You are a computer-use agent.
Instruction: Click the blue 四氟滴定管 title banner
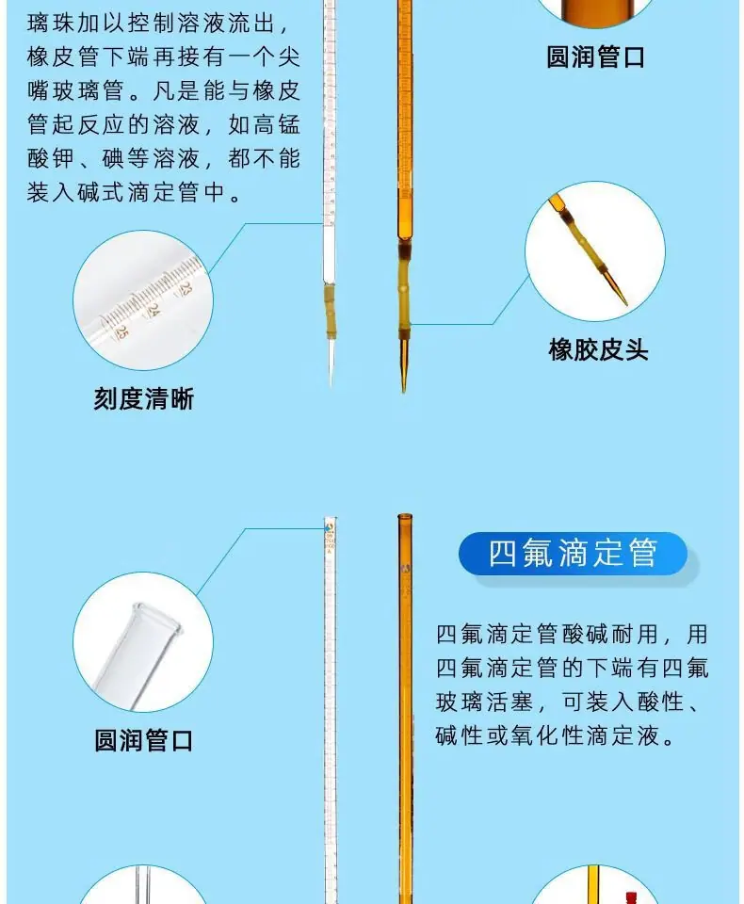pyautogui.click(x=573, y=554)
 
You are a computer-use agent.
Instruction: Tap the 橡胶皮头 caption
pyautogui.click(x=598, y=350)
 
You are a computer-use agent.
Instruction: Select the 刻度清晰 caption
pyautogui.click(x=143, y=399)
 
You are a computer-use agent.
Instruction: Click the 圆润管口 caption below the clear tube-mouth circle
pyautogui.click(x=143, y=740)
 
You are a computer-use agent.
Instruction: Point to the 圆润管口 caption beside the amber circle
pyautogui.click(x=596, y=57)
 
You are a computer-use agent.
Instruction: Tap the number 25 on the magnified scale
pyautogui.click(x=121, y=332)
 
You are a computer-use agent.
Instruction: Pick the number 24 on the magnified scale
pyautogui.click(x=153, y=310)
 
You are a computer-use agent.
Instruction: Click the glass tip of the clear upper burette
pyautogui.click(x=331, y=362)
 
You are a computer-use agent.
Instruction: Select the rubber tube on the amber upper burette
pyautogui.click(x=404, y=291)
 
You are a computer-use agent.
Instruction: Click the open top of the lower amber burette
pyautogui.click(x=405, y=515)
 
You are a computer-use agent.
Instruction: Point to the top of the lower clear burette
pyautogui.click(x=331, y=519)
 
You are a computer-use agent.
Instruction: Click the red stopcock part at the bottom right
pyautogui.click(x=631, y=897)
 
